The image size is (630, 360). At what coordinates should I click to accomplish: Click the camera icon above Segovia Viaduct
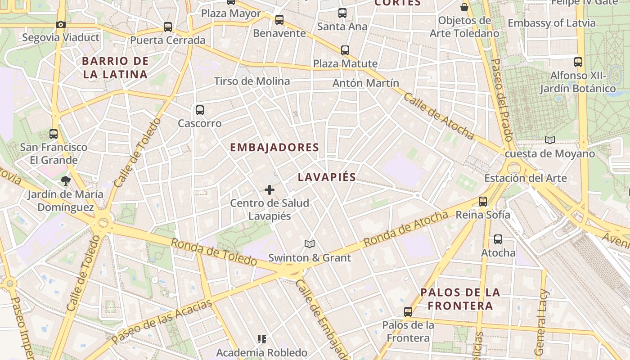coord(61,25)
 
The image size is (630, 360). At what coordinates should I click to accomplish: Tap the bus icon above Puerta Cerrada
coord(168,27)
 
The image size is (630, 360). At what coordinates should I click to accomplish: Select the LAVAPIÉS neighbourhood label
coord(327,177)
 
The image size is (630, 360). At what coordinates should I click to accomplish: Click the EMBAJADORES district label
coord(274,148)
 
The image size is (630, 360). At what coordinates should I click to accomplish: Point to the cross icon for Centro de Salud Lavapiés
coord(270,190)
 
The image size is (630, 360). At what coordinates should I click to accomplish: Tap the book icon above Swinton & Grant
coord(309,244)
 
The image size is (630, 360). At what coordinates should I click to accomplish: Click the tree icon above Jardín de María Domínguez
coord(66,181)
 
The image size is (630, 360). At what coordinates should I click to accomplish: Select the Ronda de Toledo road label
coord(214,252)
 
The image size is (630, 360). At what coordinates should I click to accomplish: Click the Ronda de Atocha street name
coord(406,229)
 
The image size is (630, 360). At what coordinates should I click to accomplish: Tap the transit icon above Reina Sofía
coord(483,202)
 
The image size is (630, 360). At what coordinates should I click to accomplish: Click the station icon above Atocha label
coord(498,239)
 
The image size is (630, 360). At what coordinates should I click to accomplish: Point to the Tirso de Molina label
coord(252,81)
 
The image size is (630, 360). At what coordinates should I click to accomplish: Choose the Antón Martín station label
coord(365,83)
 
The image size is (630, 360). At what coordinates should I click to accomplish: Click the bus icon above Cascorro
coord(200,110)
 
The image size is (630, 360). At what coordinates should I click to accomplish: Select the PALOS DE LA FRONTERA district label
coord(460,299)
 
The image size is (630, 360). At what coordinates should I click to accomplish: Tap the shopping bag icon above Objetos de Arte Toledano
coord(464,8)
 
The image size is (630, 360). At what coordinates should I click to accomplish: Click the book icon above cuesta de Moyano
coord(549,140)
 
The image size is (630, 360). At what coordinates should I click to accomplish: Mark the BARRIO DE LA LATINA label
coord(115,68)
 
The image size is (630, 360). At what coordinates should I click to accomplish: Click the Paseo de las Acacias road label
coord(162,322)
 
